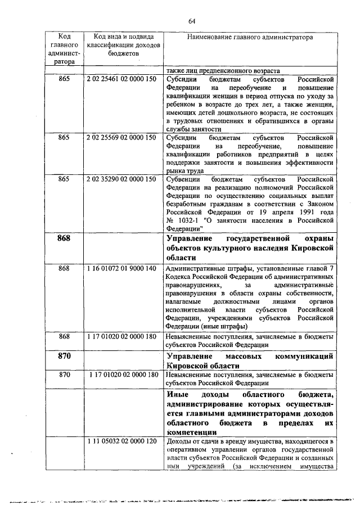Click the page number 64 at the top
(192, 21)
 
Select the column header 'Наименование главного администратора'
(250, 37)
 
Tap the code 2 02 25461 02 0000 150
(121, 80)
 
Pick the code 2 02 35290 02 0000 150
(121, 179)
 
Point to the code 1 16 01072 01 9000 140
(121, 269)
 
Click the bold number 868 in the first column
(64, 238)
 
